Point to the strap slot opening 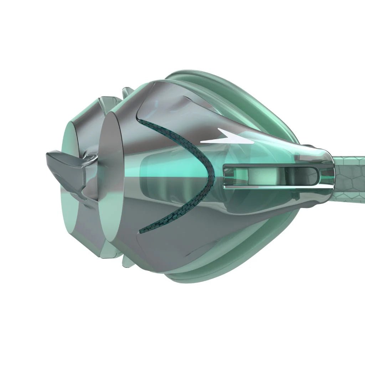coord(271,175)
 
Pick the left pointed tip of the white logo coord(202,142)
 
